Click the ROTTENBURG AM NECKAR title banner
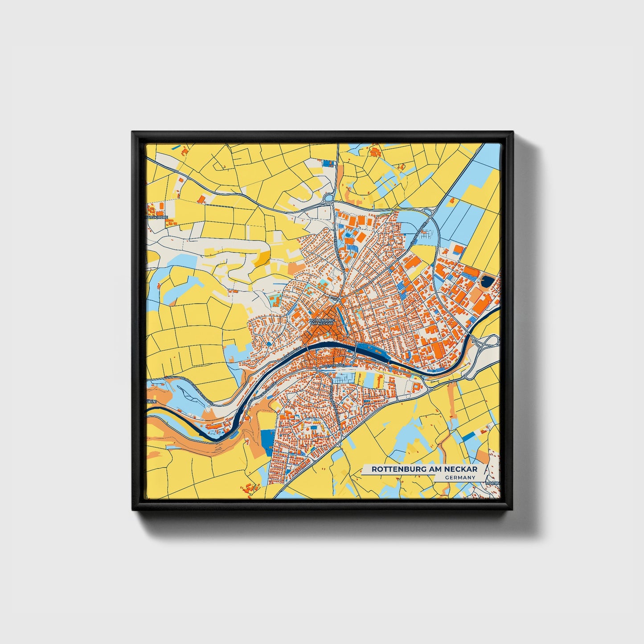tap(424, 469)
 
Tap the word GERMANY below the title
tap(460, 477)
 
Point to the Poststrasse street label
tap(332, 365)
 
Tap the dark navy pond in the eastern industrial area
tap(487, 282)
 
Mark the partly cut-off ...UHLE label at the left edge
tap(152, 401)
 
